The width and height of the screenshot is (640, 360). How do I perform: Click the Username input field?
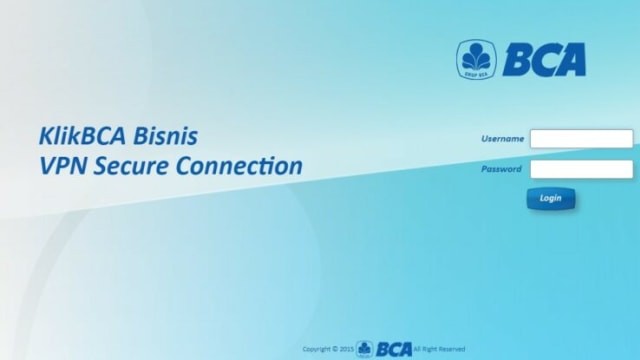coord(581,139)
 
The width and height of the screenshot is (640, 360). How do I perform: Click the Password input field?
coord(581,169)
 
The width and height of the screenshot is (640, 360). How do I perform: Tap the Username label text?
coord(502,139)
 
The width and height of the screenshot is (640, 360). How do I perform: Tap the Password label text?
coord(501,169)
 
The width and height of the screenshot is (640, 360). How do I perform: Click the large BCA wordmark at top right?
coord(543,60)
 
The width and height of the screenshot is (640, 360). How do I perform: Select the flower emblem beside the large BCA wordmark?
coord(476,60)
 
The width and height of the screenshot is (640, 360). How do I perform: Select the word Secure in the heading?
coord(131,165)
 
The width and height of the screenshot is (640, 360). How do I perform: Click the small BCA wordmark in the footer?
coord(394,349)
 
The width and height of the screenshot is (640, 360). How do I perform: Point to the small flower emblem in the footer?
coord(364,349)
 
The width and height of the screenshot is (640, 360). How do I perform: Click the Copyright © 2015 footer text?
coord(327,349)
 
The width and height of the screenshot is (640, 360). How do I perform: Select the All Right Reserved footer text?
coord(439,349)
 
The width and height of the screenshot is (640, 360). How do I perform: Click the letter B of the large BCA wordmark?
coord(516,60)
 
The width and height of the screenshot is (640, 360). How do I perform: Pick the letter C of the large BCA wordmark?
coord(543,60)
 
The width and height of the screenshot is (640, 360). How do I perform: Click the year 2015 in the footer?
coord(346,349)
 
